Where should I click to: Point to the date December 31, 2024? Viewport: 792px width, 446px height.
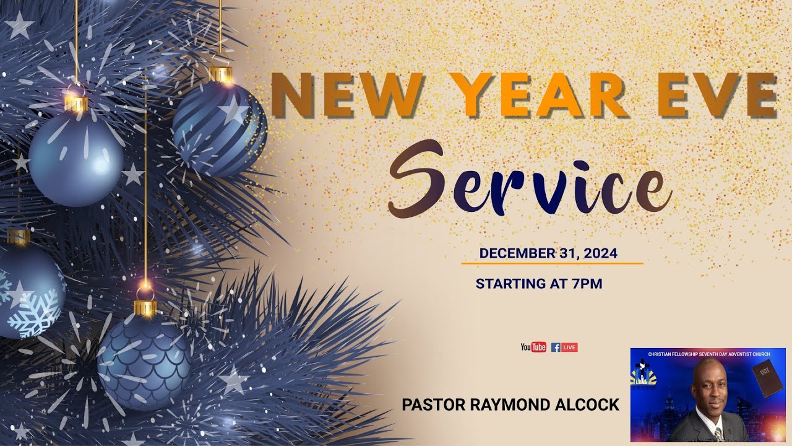pos(548,253)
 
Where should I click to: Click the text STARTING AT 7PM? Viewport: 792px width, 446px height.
pos(539,284)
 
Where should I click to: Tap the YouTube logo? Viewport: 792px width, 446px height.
pos(533,348)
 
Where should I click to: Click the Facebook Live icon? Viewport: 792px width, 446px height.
pos(564,348)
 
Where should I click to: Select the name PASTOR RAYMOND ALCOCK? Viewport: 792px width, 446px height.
pos(510,405)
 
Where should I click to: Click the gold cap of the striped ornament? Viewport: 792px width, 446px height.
pos(220,75)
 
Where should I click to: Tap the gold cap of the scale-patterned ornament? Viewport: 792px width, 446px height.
pos(145,307)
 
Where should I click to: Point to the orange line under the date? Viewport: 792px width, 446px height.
pos(552,264)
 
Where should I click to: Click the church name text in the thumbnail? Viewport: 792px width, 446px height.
pos(708,354)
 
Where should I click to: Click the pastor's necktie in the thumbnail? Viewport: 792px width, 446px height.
pos(718,434)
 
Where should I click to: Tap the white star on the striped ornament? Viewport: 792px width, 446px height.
pos(235,111)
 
